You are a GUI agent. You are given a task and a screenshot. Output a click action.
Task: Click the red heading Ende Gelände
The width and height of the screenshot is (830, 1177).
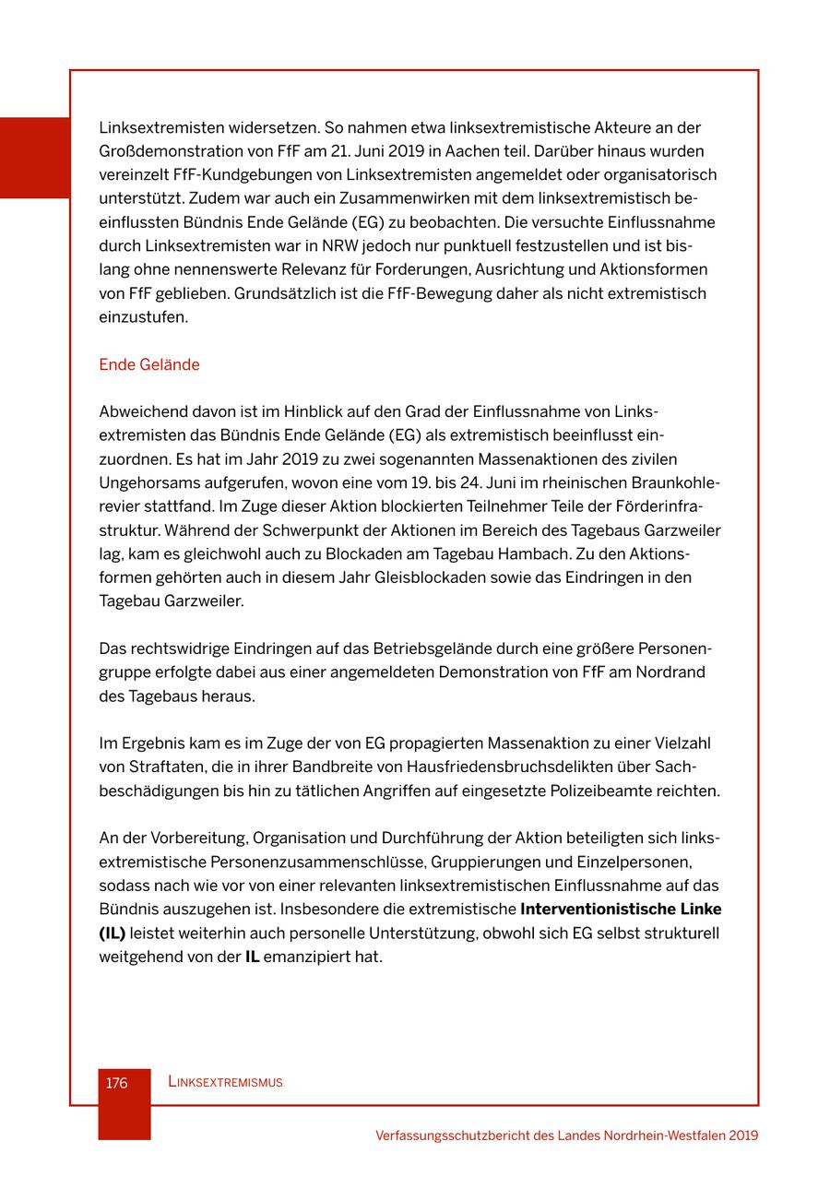[x=148, y=364]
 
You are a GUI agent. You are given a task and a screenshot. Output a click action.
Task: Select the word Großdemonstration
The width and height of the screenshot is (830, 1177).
[x=164, y=150]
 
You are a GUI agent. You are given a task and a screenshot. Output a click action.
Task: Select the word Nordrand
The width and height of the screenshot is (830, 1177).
[x=672, y=672]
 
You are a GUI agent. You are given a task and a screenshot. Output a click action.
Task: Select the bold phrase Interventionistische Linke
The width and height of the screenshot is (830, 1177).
[x=621, y=909]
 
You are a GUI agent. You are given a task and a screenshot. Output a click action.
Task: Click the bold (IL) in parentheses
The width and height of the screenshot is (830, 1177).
[x=112, y=933]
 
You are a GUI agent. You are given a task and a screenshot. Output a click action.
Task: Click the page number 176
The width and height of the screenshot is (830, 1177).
[x=117, y=1083]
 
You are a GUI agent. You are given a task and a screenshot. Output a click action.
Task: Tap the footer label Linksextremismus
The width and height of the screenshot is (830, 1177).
[x=225, y=1083]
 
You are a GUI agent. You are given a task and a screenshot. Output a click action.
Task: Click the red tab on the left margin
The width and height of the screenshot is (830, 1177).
[x=34, y=158]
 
